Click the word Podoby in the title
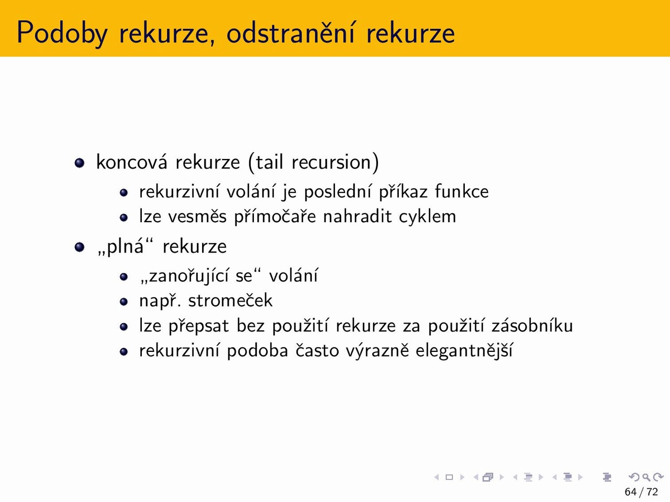pos(62,33)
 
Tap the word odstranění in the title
pos(291,32)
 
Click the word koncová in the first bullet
pos(131,162)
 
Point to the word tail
pos(269,162)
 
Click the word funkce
pos(462,191)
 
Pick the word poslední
pos(338,192)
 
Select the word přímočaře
pos(275,217)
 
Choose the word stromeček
pos(230,301)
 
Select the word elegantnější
pos(464,350)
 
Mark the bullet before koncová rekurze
pos(80,163)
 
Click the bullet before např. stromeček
pos(124,302)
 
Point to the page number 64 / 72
pos(641,492)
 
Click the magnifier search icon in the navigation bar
pos(646,477)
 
